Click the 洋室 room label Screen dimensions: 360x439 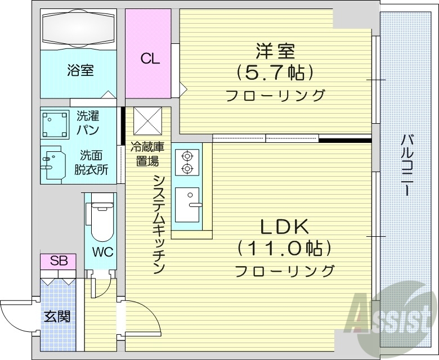pos(275,51)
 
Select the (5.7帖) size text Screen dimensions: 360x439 pos(275,73)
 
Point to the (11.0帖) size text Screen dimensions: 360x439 pos(283,248)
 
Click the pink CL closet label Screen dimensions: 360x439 pos(150,58)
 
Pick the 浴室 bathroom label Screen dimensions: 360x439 pos(80,71)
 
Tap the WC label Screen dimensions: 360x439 pos(104,251)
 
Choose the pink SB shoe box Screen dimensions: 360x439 pos(59,261)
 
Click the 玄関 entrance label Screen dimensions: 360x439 pos(57,316)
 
